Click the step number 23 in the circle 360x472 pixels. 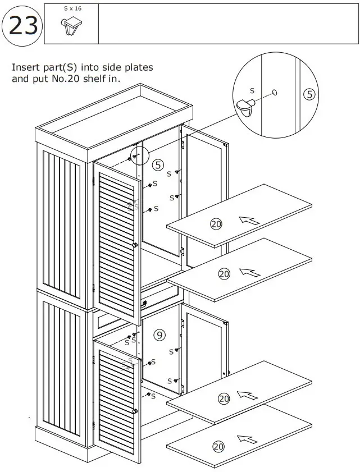(x=23, y=26)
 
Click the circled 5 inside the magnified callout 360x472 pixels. (x=309, y=94)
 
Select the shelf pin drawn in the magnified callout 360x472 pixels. (x=246, y=107)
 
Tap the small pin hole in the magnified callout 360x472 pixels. (x=275, y=92)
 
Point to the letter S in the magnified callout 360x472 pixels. (x=252, y=90)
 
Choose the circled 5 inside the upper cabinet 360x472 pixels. (x=158, y=165)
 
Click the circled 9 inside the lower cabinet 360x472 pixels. (x=160, y=335)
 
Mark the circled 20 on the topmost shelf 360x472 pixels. (x=216, y=224)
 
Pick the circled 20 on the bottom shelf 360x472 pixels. (x=218, y=447)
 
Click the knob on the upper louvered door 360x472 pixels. (x=135, y=245)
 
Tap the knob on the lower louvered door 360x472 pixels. (x=135, y=411)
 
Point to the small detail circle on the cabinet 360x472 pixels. (x=138, y=155)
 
